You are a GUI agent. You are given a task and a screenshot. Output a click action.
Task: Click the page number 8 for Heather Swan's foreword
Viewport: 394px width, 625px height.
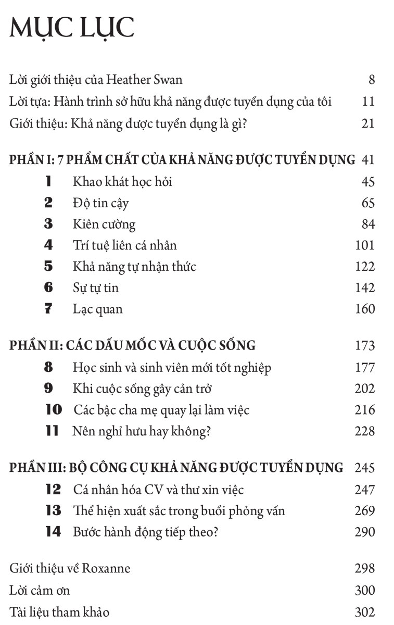coord(371,80)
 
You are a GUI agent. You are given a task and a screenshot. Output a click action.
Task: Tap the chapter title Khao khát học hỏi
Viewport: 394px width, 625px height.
coord(122,181)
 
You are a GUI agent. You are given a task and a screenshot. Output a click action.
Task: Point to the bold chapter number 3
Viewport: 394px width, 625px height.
coord(49,224)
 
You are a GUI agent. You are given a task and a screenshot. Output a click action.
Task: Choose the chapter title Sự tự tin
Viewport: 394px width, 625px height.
coord(96,287)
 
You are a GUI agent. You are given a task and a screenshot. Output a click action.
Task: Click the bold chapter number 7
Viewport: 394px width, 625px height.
coord(49,309)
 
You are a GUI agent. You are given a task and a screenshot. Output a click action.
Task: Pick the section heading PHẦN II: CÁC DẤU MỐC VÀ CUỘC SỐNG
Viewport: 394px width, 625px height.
coord(133,345)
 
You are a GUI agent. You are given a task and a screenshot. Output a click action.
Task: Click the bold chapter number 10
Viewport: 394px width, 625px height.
coord(54,410)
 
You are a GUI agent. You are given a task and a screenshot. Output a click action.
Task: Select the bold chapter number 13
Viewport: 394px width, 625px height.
coord(54,510)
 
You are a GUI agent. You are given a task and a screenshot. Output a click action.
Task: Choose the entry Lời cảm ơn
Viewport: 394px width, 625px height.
coord(40,590)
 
